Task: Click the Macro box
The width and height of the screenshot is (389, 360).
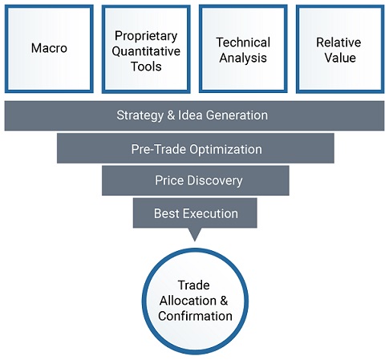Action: pos(49,49)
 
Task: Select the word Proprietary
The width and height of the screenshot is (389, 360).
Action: pos(146,36)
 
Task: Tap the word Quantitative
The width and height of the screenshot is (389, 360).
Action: pos(146,51)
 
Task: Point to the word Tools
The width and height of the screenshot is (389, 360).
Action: pos(146,67)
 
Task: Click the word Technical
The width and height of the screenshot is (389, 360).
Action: pos(243,42)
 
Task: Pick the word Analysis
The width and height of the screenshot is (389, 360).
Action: pos(243,58)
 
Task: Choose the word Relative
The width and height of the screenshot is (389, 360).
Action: pos(338,42)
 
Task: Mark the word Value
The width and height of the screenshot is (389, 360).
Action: pos(340,58)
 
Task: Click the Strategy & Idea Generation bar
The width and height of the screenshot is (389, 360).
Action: pos(194,115)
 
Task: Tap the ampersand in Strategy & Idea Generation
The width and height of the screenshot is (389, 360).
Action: pos(171,115)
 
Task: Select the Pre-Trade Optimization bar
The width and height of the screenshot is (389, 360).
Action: pos(196,148)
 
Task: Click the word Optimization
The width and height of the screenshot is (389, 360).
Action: pos(225,149)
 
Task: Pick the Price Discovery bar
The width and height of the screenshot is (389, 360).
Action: pos(196,180)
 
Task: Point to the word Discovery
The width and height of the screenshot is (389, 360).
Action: pos(215,180)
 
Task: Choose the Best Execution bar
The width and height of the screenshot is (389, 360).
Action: pos(195,212)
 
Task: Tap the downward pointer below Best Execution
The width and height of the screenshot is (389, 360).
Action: pos(195,234)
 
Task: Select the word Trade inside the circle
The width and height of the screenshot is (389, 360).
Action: pos(194,285)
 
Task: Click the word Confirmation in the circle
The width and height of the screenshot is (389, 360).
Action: pos(195,316)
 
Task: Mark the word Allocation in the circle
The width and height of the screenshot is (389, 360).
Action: pos(188,301)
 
